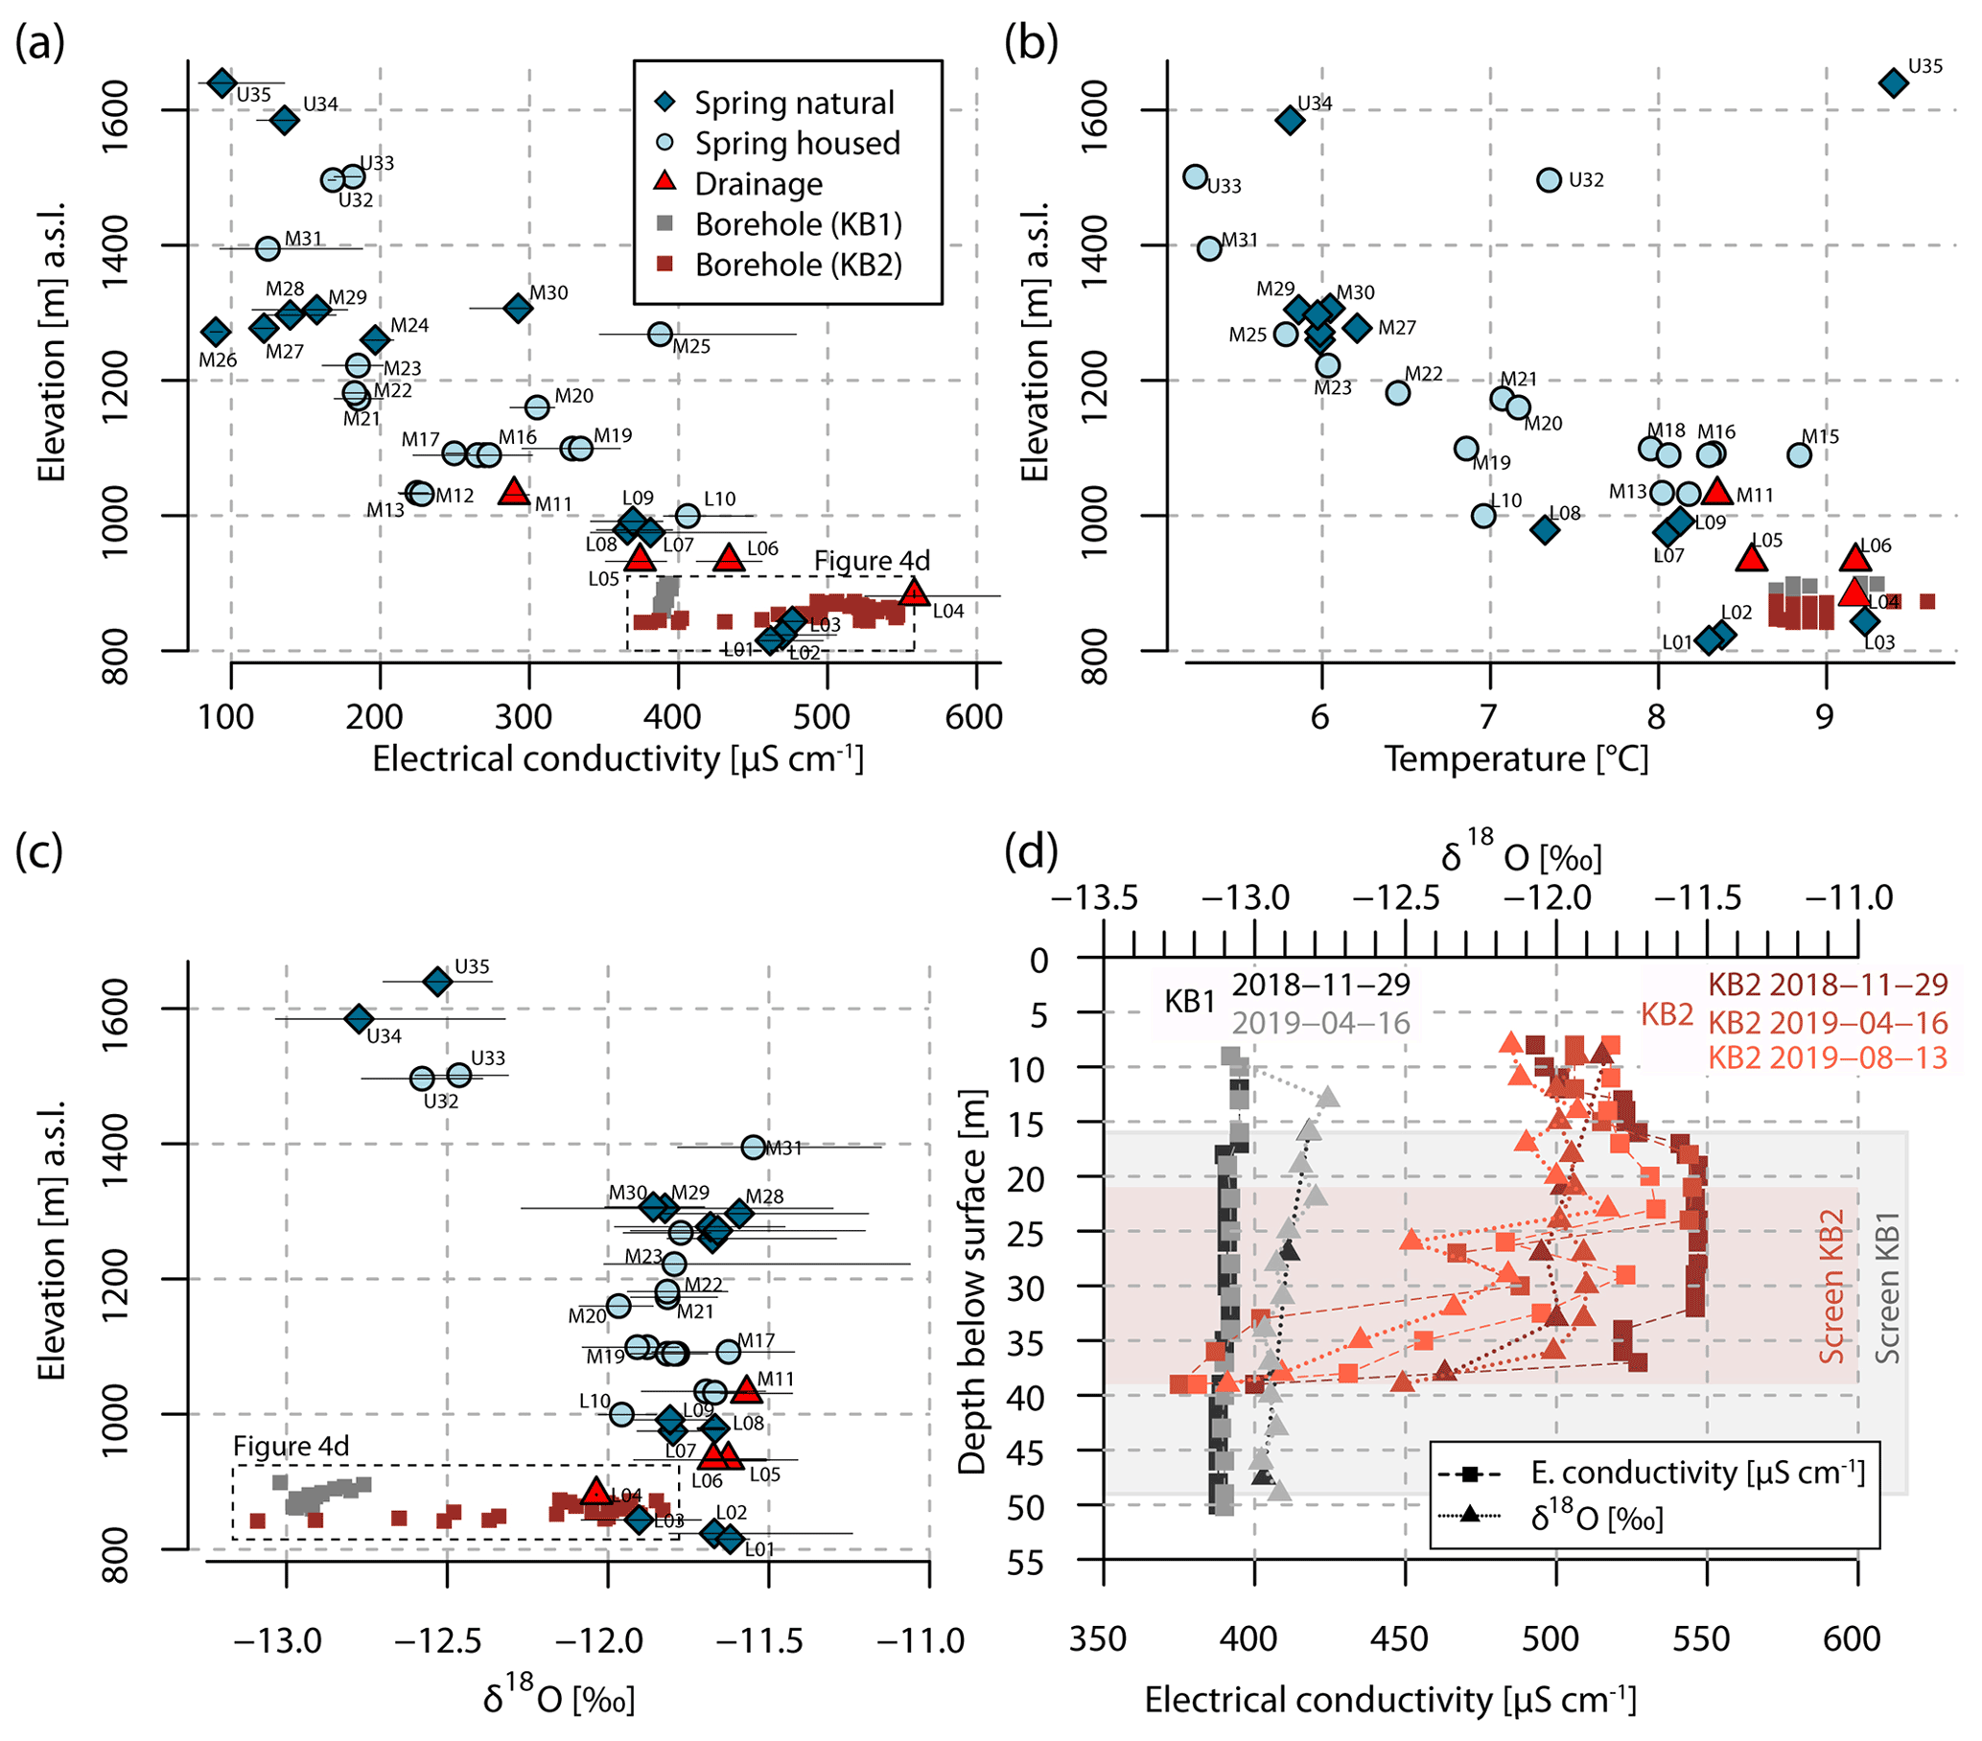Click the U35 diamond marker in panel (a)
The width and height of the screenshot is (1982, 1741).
tap(222, 83)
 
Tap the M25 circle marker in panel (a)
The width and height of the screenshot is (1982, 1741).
tap(661, 335)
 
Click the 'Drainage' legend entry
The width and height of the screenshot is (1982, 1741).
tap(758, 183)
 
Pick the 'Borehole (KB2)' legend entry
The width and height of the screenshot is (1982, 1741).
tap(798, 265)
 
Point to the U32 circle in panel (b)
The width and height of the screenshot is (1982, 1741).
tap(1549, 179)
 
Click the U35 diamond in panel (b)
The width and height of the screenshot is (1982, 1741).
tap(1893, 83)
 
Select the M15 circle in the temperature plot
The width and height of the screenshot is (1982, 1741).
tap(1799, 454)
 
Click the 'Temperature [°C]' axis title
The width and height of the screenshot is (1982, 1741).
tap(1516, 759)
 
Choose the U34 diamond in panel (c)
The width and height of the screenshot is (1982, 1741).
tap(359, 1019)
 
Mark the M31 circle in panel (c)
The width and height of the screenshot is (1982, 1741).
tap(754, 1148)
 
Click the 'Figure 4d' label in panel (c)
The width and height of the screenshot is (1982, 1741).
tap(290, 1447)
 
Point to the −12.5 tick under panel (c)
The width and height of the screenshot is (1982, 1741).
tap(448, 1641)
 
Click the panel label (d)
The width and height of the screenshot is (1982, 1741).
tap(1031, 850)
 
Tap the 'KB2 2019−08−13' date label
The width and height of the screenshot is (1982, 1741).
tap(1827, 1057)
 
